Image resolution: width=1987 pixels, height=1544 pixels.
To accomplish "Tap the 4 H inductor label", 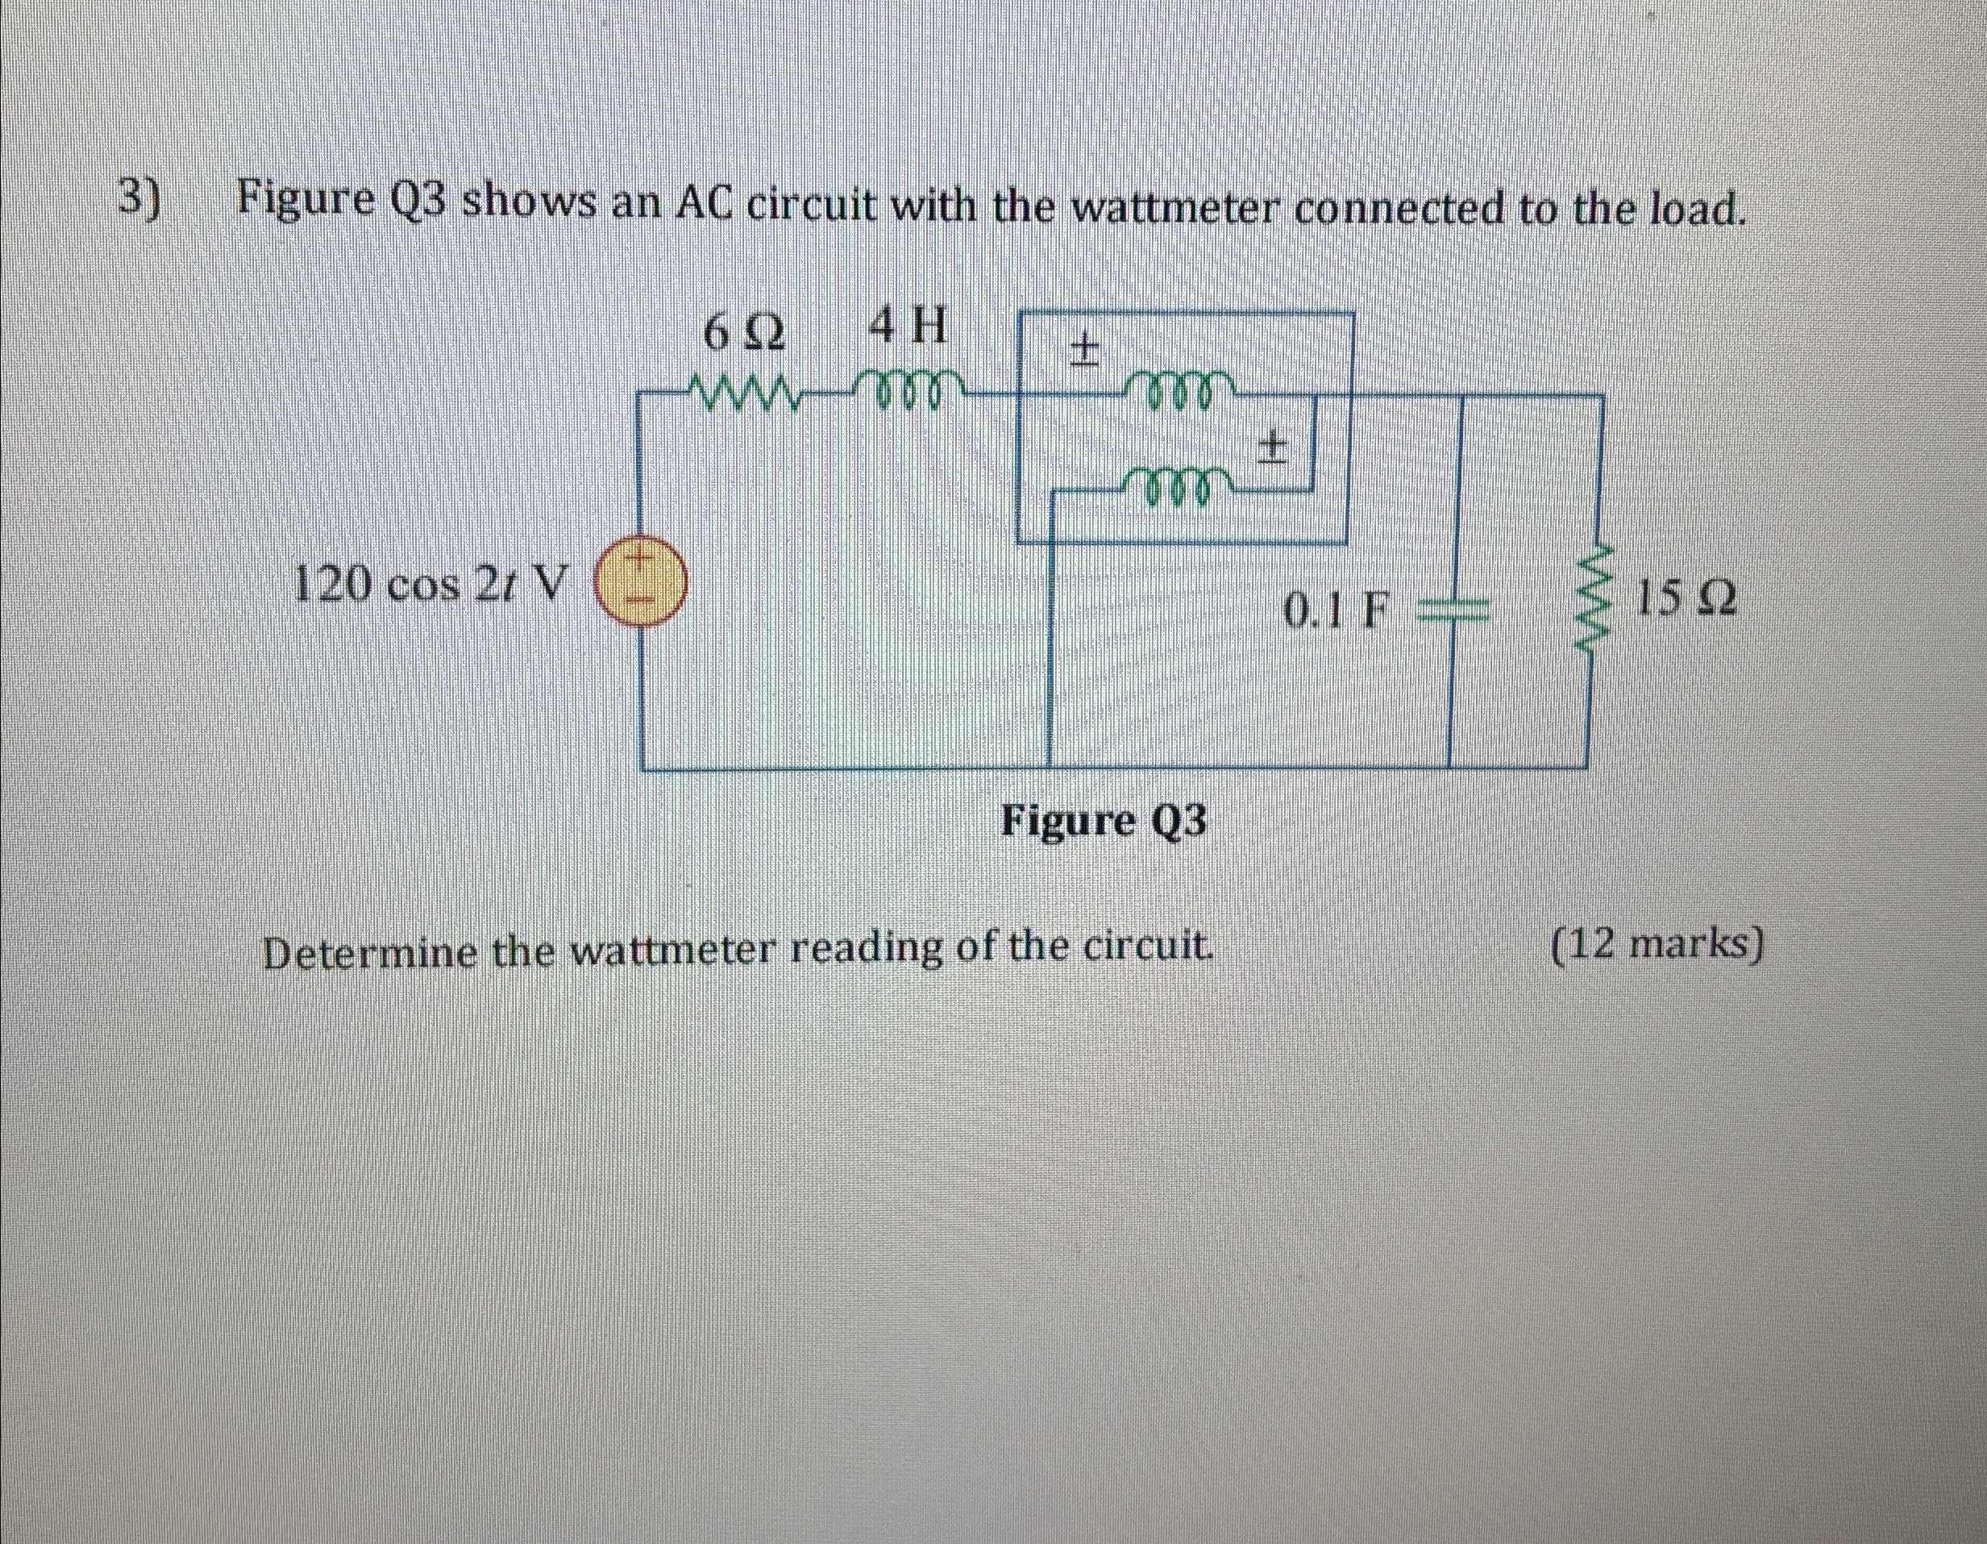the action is coord(908,327).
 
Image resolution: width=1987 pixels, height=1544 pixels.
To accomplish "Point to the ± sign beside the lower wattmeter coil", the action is coord(1273,447).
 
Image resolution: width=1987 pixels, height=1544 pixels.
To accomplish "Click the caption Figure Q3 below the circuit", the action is coord(1104,822).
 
